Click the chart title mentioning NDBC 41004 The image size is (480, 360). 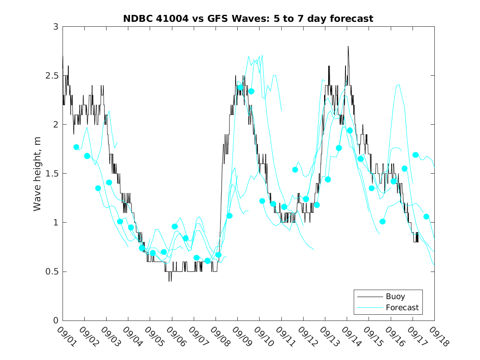(248, 19)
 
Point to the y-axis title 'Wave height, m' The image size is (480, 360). (37, 173)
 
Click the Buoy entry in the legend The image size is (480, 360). (395, 296)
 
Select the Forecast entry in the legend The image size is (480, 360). (402, 307)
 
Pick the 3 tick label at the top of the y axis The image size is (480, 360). (55, 27)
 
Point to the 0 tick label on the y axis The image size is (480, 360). (55, 321)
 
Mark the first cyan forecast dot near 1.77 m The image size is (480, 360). (76, 147)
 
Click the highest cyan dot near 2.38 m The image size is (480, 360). (240, 87)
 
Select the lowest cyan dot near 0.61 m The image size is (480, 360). (207, 261)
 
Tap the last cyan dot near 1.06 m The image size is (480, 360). (426, 216)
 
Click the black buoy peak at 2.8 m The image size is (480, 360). (348, 46)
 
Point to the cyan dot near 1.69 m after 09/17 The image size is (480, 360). (415, 155)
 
